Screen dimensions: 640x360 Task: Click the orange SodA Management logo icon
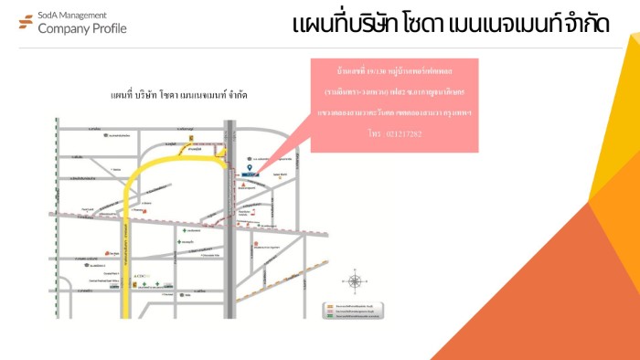[x=26, y=22]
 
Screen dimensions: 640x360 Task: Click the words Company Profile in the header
[x=82, y=28]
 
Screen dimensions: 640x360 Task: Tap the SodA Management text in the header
[x=72, y=15]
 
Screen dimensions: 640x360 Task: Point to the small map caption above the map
[x=178, y=95]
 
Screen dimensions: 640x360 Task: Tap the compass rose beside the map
[x=355, y=281]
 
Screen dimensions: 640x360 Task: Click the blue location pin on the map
[x=251, y=168]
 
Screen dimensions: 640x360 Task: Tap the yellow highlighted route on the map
[x=126, y=238]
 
